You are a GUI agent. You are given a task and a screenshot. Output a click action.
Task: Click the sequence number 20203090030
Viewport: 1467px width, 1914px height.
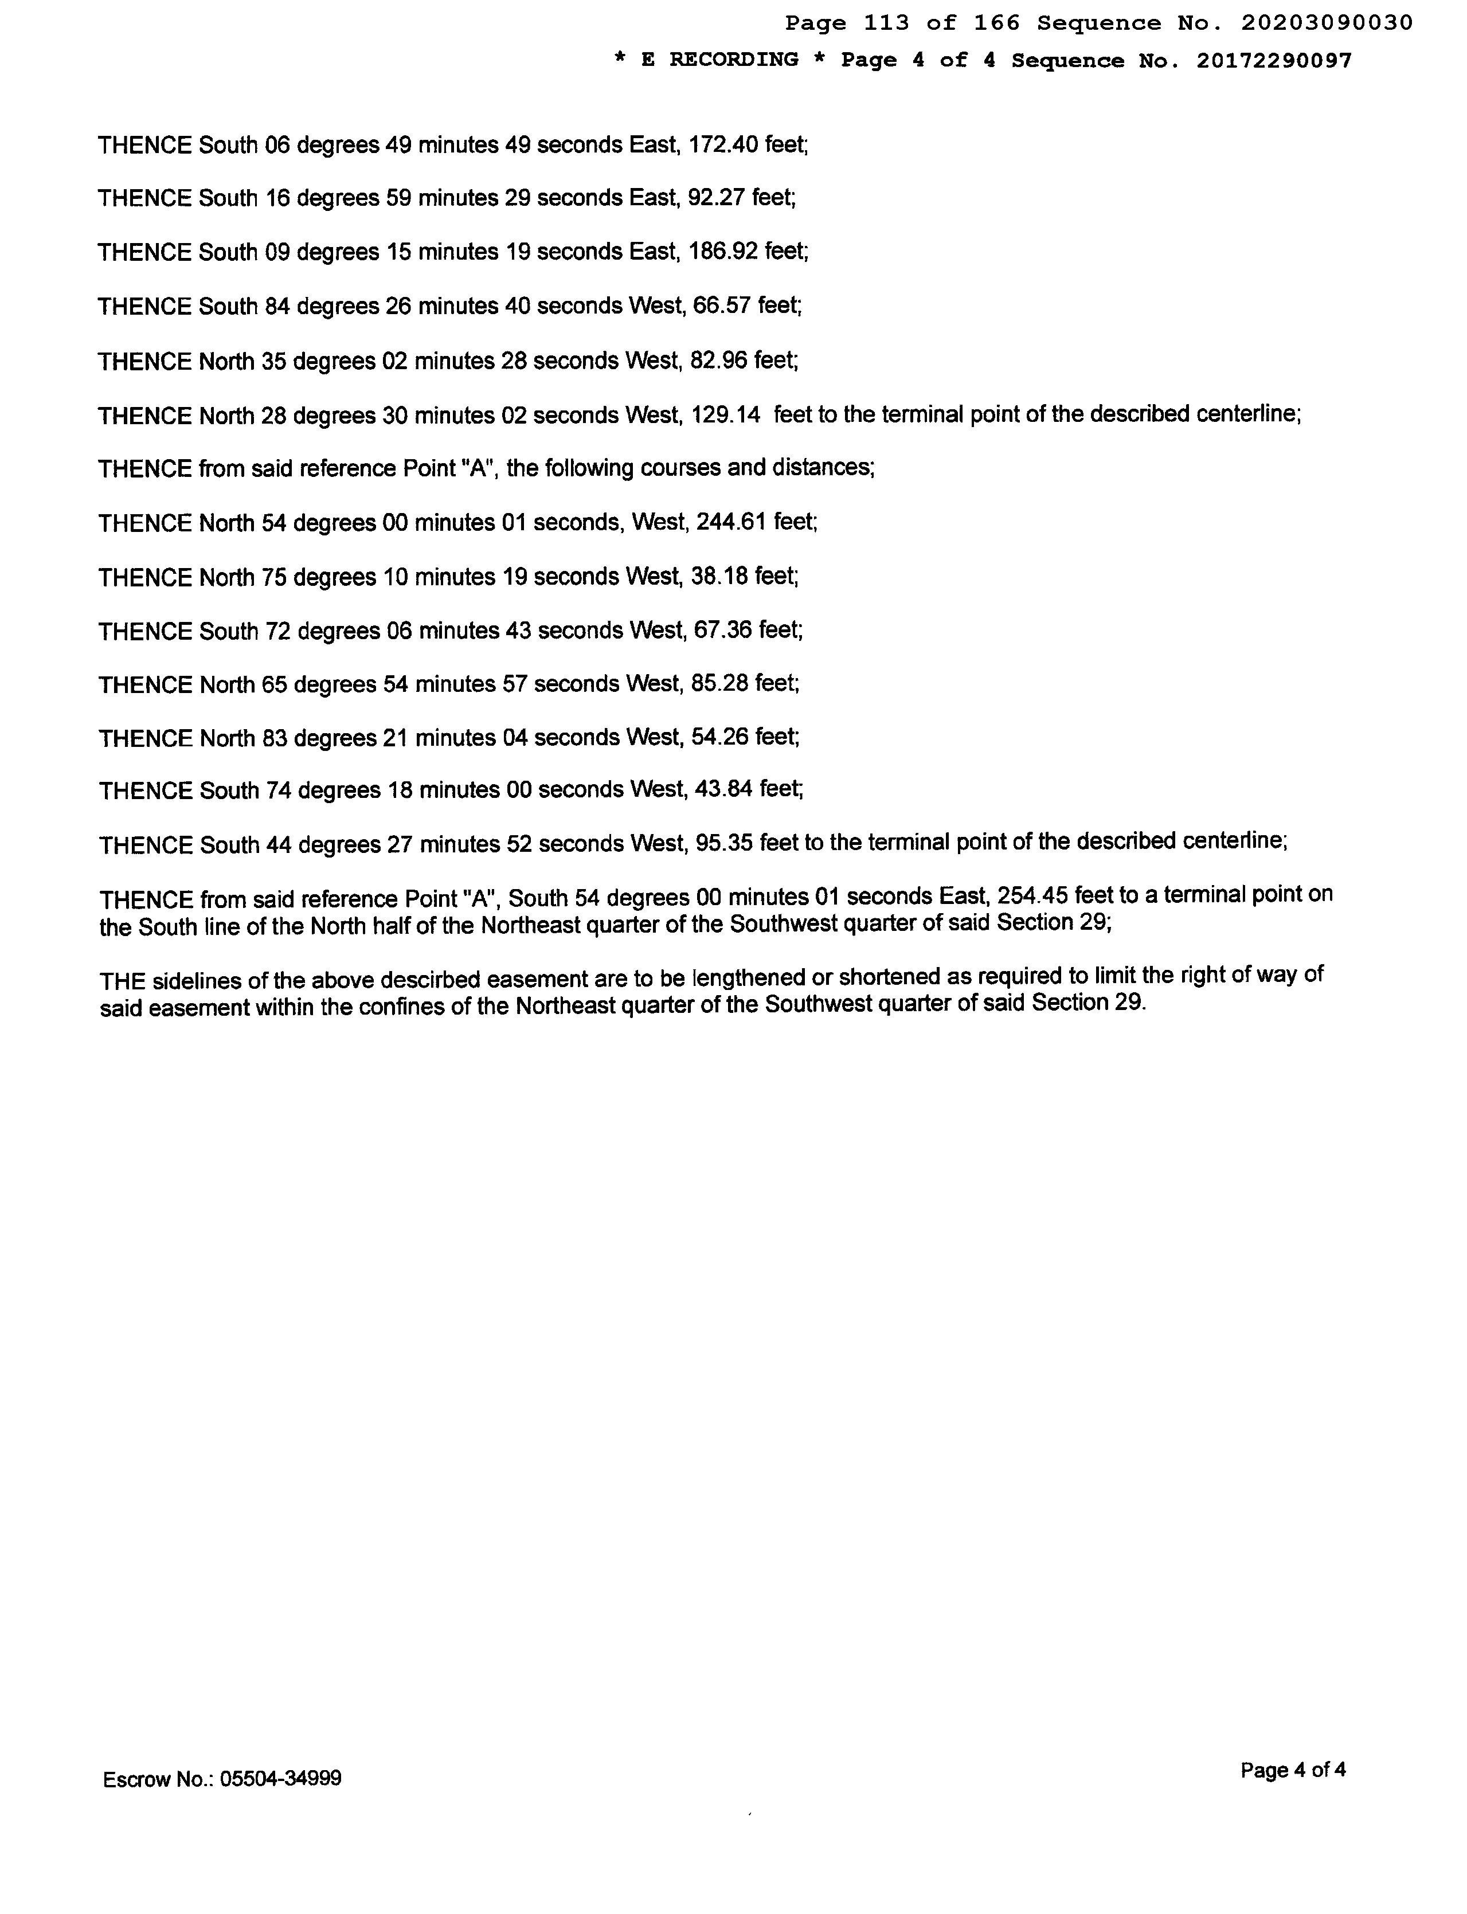click(x=1327, y=24)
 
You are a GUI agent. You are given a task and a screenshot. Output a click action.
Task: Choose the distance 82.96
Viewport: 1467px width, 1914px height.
click(x=719, y=360)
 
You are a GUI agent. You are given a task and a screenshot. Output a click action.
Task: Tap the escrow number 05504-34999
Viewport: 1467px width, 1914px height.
click(x=280, y=1779)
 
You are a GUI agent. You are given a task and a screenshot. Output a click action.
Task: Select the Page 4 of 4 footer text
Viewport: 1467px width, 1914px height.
click(x=1292, y=1770)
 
